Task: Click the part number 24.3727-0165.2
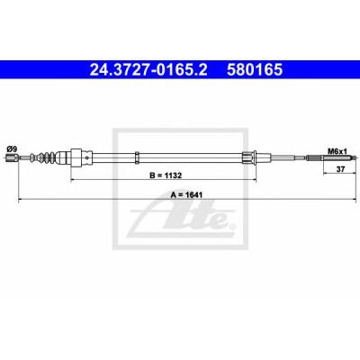148,70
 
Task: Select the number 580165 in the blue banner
255,70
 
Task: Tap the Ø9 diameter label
12,148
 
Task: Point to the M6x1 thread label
337,151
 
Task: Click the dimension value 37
340,169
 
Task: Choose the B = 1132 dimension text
166,175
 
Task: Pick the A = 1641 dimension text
186,195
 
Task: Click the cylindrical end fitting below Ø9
12,157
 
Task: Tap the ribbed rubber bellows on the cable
46,157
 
